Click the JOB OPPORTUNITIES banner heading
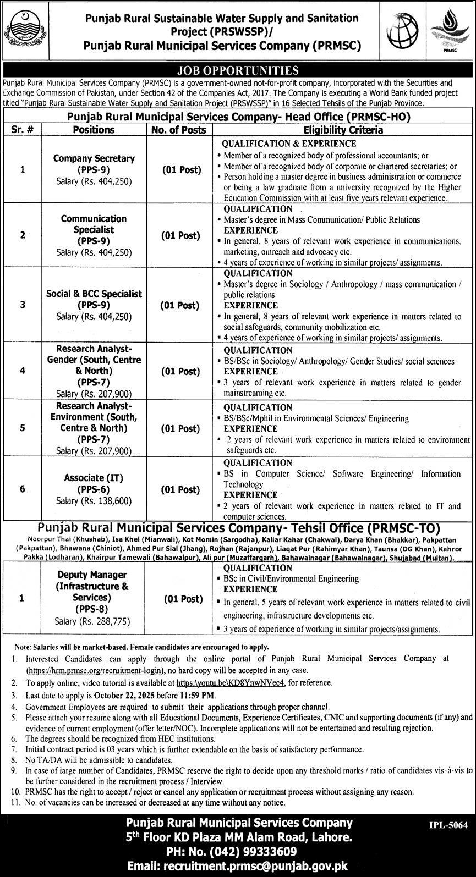tap(238, 70)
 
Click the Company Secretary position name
tap(94, 158)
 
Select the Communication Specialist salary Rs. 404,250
tap(94, 252)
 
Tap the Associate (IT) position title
tap(94, 478)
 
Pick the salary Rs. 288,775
tap(94, 621)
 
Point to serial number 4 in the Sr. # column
tap(23, 371)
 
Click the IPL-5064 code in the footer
tap(447, 825)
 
